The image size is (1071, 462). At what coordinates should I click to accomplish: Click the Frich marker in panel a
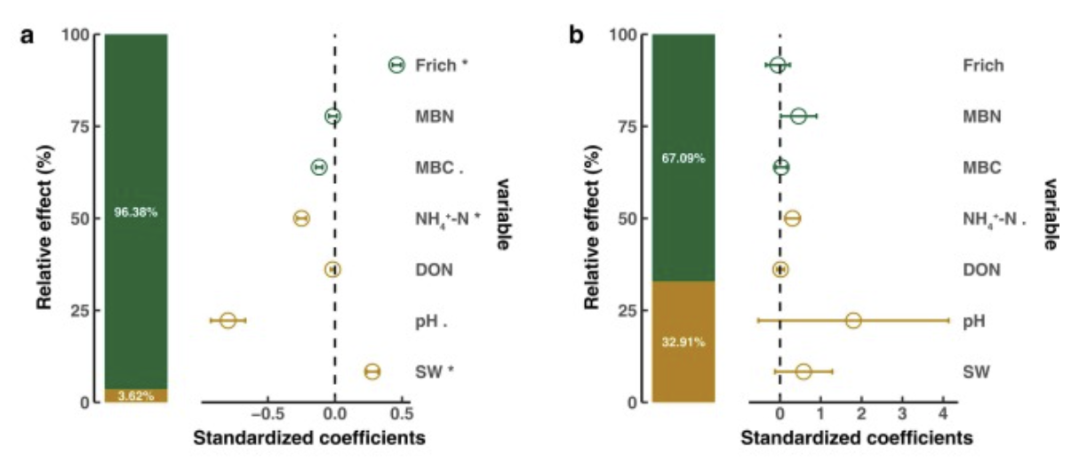(x=396, y=65)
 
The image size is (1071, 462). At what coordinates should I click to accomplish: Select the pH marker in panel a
(x=228, y=320)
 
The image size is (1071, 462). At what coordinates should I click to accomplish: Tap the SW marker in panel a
(x=372, y=371)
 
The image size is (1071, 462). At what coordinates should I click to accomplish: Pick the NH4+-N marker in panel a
(x=301, y=219)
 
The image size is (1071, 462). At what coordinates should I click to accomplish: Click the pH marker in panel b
(x=853, y=320)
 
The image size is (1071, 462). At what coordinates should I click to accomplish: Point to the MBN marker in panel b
(x=798, y=116)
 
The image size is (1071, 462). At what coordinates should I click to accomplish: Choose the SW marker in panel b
(x=803, y=371)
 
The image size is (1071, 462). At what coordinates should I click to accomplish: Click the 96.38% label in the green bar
(x=136, y=212)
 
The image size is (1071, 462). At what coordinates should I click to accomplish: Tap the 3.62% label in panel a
(x=136, y=396)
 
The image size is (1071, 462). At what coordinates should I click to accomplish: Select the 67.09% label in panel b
(x=683, y=158)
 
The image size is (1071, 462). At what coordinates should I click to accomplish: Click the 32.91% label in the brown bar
(x=683, y=342)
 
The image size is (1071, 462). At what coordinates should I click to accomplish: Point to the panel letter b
(x=577, y=36)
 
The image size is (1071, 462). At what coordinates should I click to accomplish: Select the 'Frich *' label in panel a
(x=441, y=66)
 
